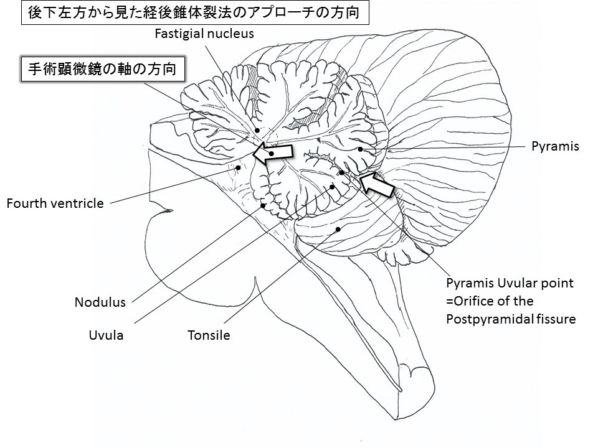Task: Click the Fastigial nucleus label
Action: (204, 34)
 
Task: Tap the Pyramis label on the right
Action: (555, 146)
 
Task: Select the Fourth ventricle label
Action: (55, 203)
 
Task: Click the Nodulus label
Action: (100, 302)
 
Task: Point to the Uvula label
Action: (106, 335)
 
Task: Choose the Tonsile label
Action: (209, 335)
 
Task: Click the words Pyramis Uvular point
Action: (510, 284)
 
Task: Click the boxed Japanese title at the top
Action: (195, 13)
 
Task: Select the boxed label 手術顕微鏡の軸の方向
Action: (103, 69)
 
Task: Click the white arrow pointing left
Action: (273, 153)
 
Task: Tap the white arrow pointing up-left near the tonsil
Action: (376, 184)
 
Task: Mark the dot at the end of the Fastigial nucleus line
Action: (257, 130)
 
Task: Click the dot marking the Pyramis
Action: (360, 149)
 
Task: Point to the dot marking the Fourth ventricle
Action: (239, 167)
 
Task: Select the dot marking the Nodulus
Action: (263, 206)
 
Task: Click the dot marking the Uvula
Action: (332, 187)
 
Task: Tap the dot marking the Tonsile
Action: (338, 229)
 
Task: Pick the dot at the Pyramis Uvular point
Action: (342, 172)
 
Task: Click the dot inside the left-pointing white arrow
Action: (272, 154)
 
